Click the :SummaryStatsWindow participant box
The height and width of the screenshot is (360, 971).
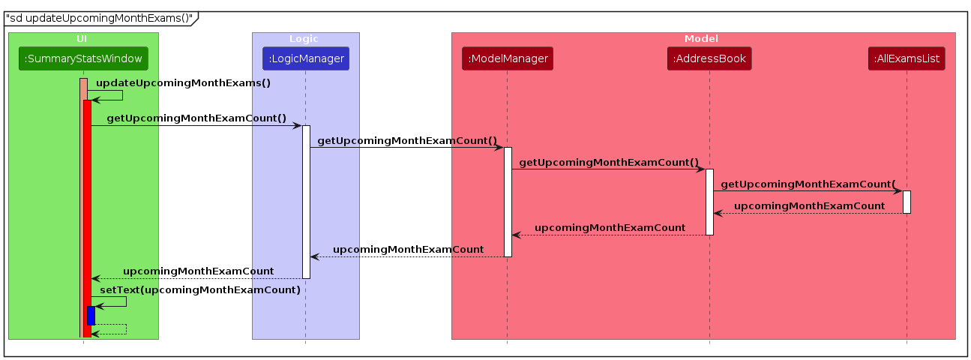pyautogui.click(x=82, y=58)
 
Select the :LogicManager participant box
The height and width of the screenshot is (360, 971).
pyautogui.click(x=305, y=58)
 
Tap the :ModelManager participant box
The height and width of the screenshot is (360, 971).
pyautogui.click(x=508, y=58)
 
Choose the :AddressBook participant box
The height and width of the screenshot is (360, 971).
pyautogui.click(x=709, y=58)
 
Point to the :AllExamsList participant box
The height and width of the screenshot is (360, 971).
pyautogui.click(x=907, y=58)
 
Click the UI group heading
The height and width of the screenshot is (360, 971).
pyautogui.click(x=82, y=38)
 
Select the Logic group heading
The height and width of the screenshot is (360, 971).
pyautogui.click(x=305, y=38)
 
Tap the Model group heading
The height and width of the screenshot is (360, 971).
pyautogui.click(x=702, y=38)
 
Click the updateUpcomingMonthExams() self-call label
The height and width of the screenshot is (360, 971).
pyautogui.click(x=183, y=83)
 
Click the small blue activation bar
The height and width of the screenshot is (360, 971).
pyautogui.click(x=91, y=315)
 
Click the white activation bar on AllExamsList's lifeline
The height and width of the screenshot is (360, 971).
pyautogui.click(x=907, y=202)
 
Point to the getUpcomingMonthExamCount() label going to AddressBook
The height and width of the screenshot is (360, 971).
pyautogui.click(x=608, y=162)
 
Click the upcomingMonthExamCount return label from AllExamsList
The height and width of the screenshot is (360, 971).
pyautogui.click(x=808, y=205)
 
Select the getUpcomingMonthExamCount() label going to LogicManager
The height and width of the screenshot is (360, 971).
pyautogui.click(x=196, y=118)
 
